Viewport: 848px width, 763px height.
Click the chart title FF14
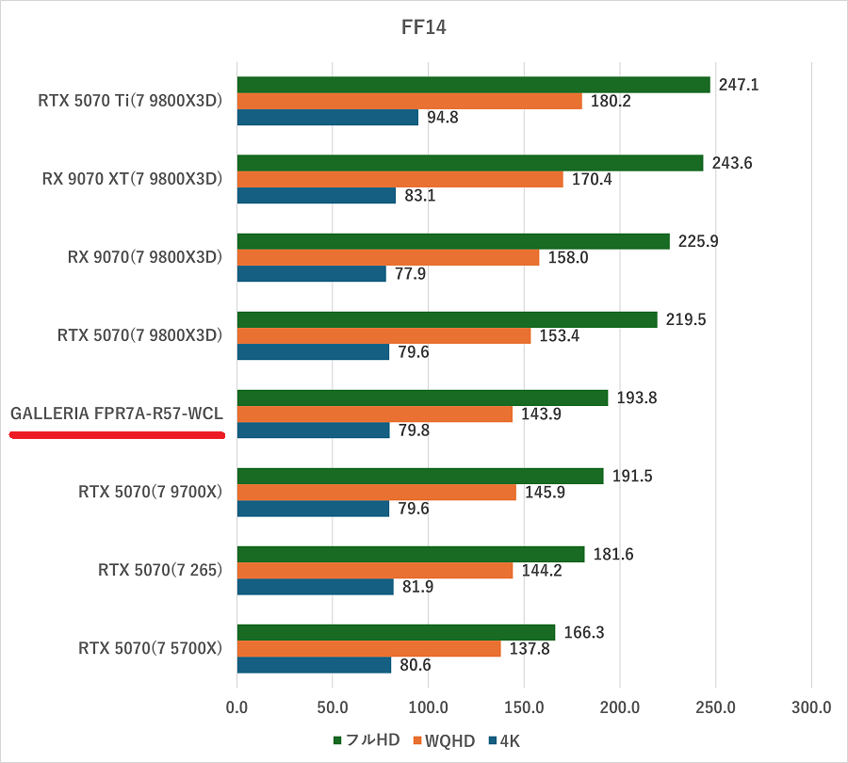coord(423,27)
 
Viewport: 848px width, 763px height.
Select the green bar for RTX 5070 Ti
coord(473,85)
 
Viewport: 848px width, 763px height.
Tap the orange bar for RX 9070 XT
coord(400,179)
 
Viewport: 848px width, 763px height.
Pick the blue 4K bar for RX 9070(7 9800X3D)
coord(312,274)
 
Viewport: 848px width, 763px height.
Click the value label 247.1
coord(738,85)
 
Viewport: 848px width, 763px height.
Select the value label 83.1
coord(420,196)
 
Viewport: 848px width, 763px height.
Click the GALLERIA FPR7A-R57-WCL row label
coord(117,414)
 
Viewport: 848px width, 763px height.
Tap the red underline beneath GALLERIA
coord(117,435)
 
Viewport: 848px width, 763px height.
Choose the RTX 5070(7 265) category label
coord(160,570)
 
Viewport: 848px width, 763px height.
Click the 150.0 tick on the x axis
coord(524,706)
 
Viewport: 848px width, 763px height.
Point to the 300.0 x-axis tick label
coord(810,706)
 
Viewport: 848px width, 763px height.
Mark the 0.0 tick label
coord(237,706)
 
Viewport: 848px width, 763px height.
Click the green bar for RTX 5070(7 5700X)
coord(396,632)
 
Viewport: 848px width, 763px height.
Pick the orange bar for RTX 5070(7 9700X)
coord(377,493)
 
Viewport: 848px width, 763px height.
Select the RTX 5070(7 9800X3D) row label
coord(140,335)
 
